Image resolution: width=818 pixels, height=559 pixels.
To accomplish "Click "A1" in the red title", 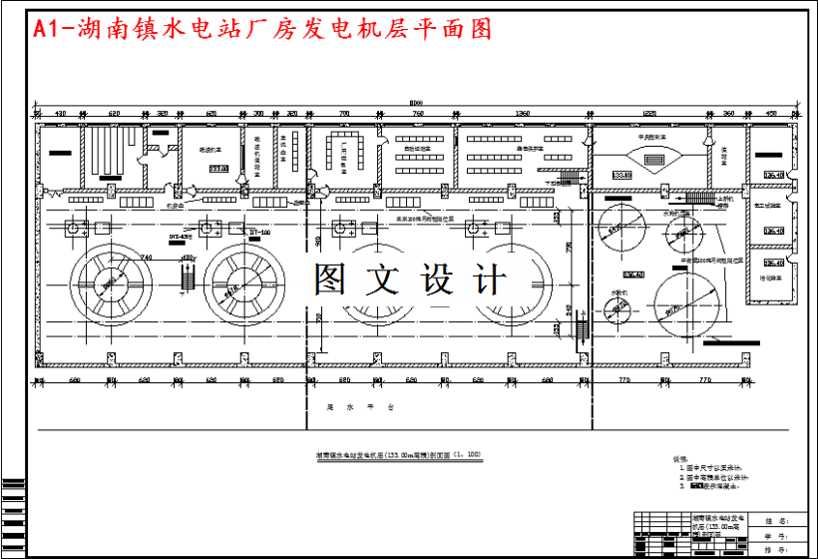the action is (x=46, y=30).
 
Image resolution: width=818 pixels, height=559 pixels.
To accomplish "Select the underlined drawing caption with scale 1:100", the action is (x=398, y=455).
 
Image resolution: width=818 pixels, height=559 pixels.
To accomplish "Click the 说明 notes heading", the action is (x=682, y=458).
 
